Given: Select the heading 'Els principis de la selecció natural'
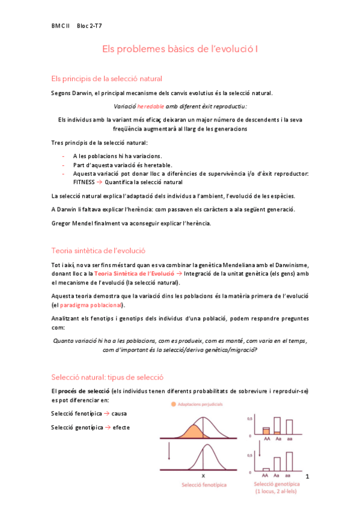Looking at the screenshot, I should pos(106,79).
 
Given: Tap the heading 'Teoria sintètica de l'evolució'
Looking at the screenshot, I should pos(98,251).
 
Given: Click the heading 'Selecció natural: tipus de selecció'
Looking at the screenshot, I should pos(108,377).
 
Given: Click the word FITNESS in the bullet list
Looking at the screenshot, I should pos(84,182).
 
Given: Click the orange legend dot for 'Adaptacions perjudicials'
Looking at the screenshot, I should pos(174,404).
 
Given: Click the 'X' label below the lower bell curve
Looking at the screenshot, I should pos(203,475).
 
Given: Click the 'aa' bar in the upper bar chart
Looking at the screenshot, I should pos(289,426).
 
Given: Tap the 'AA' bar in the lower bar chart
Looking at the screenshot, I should pos(265,469).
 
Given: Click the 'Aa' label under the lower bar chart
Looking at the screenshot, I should pos(277,475).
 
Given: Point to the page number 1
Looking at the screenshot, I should pos(307,476).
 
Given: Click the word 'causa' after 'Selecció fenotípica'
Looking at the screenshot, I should pos(119,414).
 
